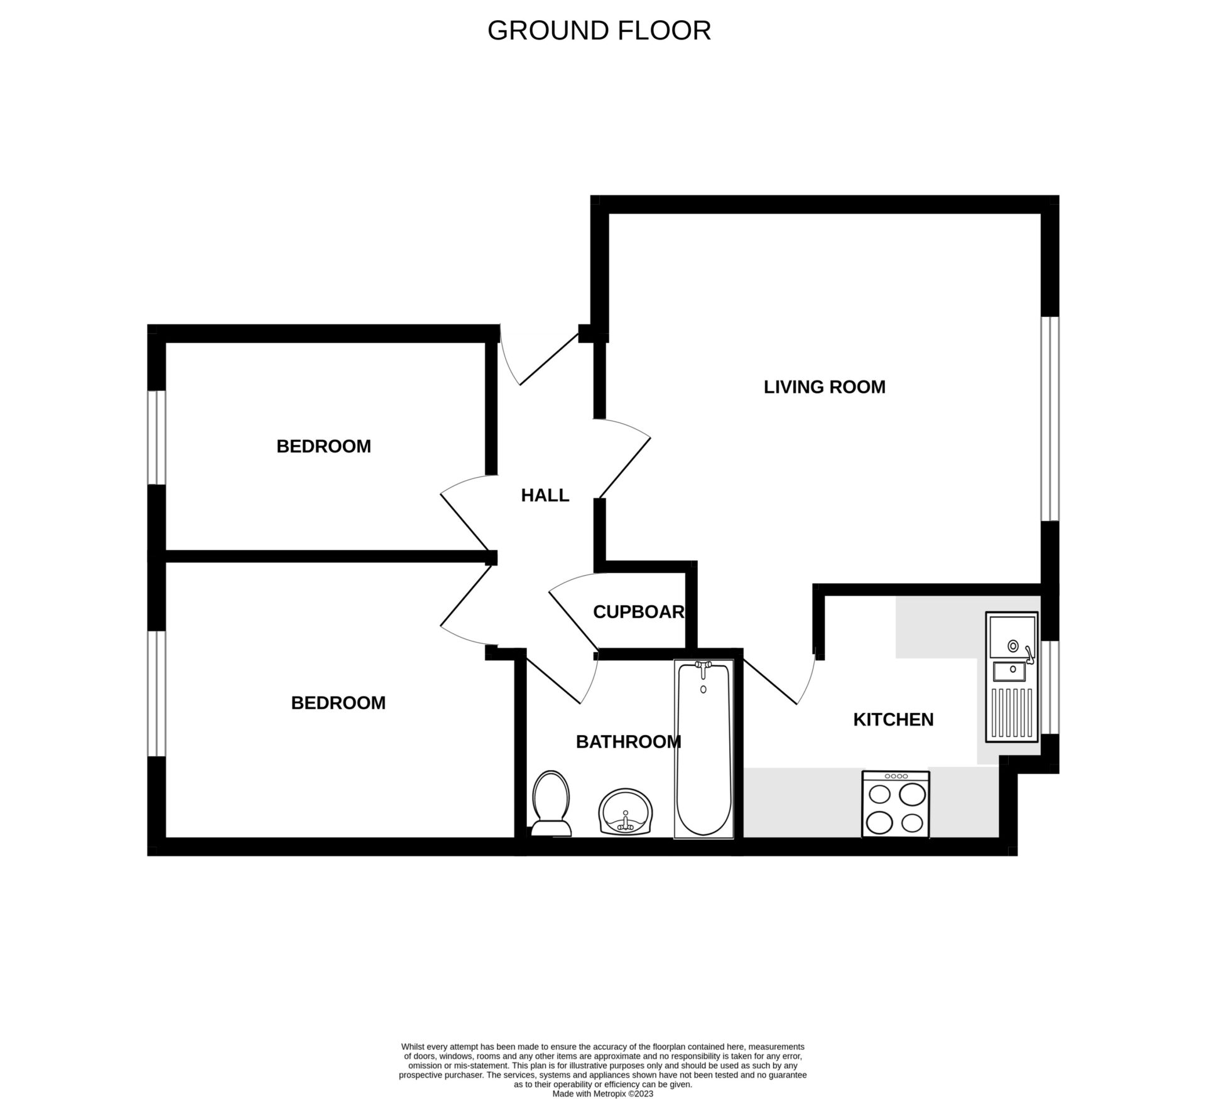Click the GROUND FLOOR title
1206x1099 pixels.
point(599,31)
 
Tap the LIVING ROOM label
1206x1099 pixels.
point(824,387)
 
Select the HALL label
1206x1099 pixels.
point(545,496)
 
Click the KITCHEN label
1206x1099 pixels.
point(893,720)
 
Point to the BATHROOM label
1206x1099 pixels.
point(628,742)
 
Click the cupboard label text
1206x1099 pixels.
point(638,612)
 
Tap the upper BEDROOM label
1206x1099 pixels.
point(323,446)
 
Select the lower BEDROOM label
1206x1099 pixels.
point(338,703)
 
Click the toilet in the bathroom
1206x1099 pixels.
point(551,803)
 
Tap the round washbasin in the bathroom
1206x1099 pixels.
point(626,812)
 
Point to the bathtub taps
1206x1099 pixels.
point(703,667)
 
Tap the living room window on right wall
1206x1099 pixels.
point(1050,419)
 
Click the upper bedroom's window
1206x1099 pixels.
point(156,437)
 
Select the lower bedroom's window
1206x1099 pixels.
point(156,694)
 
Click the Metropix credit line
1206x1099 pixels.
point(602,1093)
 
